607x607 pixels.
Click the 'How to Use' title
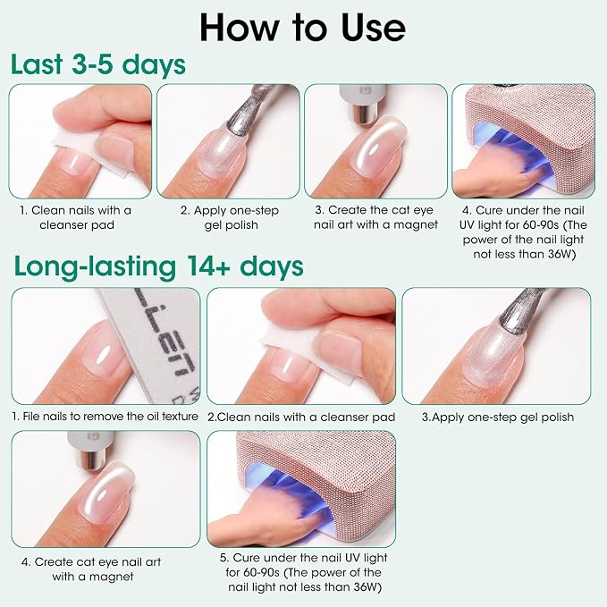coord(303,27)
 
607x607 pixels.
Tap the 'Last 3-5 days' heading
coord(98,64)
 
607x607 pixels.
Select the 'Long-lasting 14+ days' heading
coord(159,266)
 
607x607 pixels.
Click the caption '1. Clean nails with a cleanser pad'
coord(76,217)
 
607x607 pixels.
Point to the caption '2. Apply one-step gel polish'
coord(230,217)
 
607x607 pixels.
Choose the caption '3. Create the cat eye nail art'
coord(375,217)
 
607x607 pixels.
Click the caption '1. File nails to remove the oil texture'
coord(105,417)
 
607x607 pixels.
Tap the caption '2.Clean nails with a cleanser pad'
coord(301,417)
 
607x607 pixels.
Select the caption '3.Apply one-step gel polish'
coord(497,417)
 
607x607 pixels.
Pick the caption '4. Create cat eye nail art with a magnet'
coord(91,569)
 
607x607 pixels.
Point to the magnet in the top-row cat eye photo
coord(362,104)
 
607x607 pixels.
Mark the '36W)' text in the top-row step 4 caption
coord(561,255)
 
